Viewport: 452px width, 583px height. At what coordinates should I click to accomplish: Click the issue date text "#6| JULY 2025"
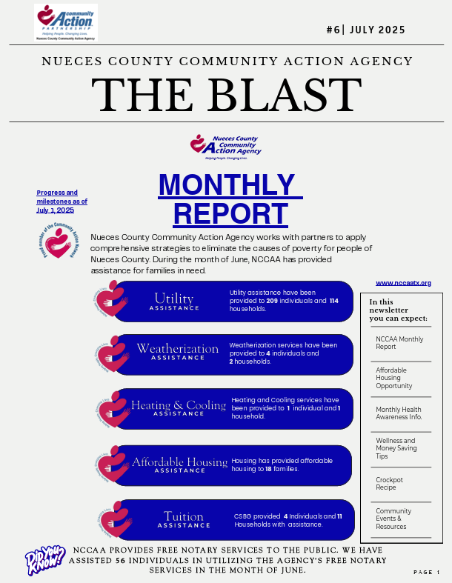tap(365, 30)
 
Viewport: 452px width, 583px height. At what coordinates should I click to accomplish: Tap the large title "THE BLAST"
tap(226, 94)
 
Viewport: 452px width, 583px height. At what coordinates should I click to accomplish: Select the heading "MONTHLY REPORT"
tap(226, 198)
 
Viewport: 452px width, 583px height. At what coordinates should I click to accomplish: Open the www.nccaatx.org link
tap(403, 283)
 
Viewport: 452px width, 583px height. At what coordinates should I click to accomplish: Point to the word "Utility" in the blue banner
tap(173, 299)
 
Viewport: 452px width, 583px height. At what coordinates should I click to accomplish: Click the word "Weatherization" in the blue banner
tap(178, 348)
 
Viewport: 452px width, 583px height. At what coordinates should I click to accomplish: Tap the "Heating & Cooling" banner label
tap(179, 405)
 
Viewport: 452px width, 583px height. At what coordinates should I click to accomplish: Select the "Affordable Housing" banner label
tap(180, 462)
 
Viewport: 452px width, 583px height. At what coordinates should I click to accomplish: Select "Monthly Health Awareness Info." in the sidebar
tap(399, 413)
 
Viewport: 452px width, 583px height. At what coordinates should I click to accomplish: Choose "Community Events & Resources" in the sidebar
tap(393, 519)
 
